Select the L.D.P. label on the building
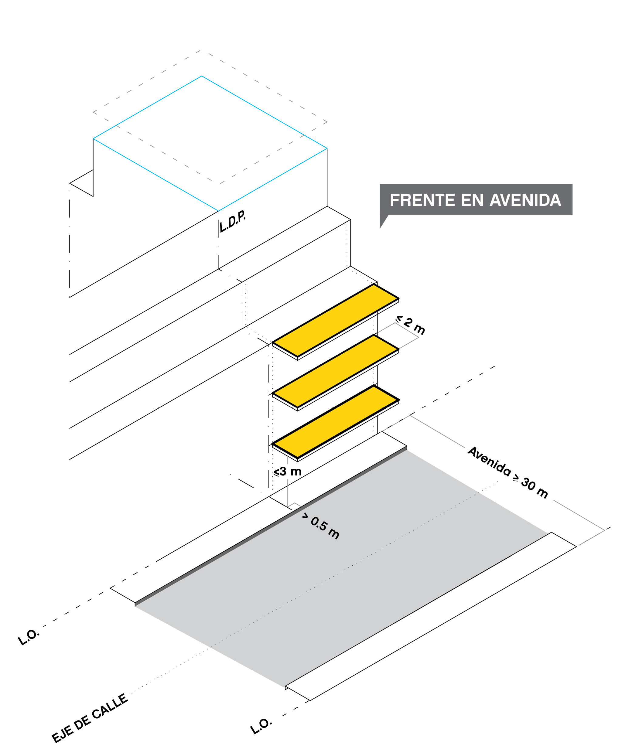[x=233, y=222]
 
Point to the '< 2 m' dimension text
[x=411, y=325]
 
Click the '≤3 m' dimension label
[x=287, y=472]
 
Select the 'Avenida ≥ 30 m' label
[x=508, y=472]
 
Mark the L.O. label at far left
[x=29, y=637]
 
